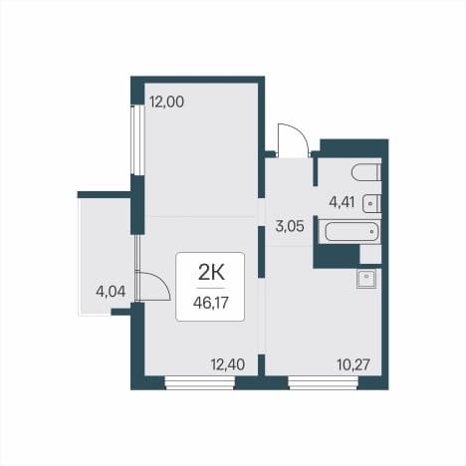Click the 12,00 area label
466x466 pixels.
(x=166, y=102)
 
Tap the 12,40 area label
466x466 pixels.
(x=228, y=364)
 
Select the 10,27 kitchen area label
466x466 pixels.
(x=353, y=365)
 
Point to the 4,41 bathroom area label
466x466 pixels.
(x=342, y=201)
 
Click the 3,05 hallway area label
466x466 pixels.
(x=290, y=226)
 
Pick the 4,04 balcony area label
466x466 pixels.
(x=111, y=292)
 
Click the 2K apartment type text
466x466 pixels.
(x=211, y=273)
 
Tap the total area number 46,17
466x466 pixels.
(x=211, y=303)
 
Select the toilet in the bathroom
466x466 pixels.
(x=365, y=172)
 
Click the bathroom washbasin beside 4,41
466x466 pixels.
(x=371, y=203)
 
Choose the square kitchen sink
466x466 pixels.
(x=366, y=278)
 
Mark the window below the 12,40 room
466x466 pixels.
(x=200, y=382)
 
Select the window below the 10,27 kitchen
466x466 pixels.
(x=324, y=382)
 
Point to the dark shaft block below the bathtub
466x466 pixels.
(x=337, y=256)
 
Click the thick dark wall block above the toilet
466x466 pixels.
(x=353, y=148)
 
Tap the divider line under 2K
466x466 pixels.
(x=211, y=288)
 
